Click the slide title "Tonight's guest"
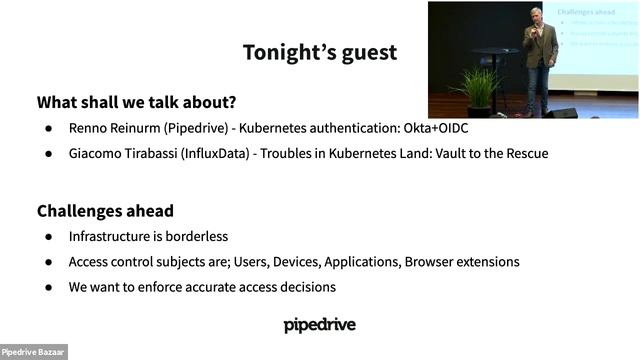click(x=319, y=52)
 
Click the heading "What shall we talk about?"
click(x=143, y=102)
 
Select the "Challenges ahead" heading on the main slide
click(x=105, y=211)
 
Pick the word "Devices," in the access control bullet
click(x=301, y=262)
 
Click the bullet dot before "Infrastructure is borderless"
click(x=47, y=237)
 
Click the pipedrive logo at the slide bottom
click(x=319, y=325)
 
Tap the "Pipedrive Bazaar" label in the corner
click(x=33, y=352)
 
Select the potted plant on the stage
click(x=480, y=88)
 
